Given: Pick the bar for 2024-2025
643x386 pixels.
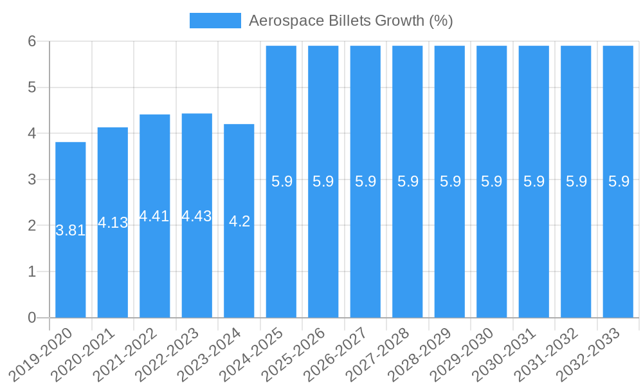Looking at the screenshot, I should (x=281, y=257).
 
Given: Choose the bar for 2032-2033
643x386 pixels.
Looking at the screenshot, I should (x=618, y=257).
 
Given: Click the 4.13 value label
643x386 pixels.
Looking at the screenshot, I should (x=113, y=223).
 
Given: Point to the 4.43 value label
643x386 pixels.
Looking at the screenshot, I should (x=197, y=216).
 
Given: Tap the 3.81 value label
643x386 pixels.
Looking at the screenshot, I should (x=71, y=230).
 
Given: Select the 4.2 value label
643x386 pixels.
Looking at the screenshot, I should (x=239, y=221).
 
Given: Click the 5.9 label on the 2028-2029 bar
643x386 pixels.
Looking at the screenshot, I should (x=450, y=181).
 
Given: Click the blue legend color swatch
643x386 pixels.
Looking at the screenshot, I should (x=215, y=21).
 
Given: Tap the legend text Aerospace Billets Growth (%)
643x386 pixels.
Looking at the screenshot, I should (x=351, y=21).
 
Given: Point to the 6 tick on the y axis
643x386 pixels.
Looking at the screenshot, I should (x=32, y=41).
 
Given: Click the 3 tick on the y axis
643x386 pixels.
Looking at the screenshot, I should (x=32, y=179).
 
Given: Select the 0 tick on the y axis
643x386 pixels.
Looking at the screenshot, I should (x=32, y=318).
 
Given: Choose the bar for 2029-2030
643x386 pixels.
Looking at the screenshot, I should (x=492, y=257).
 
